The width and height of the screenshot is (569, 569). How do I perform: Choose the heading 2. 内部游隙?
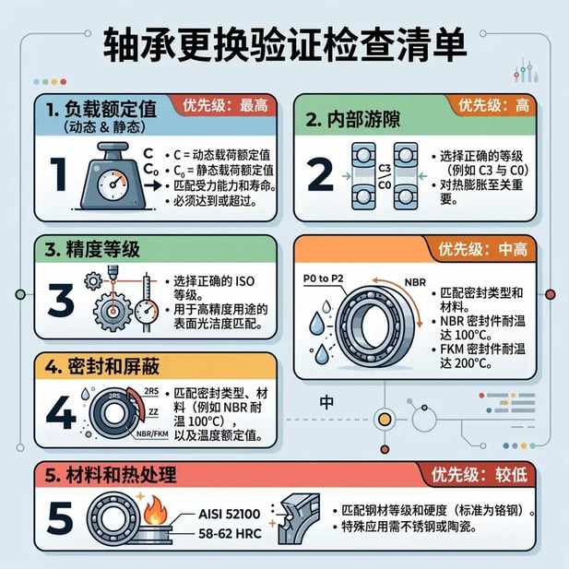click(x=361, y=120)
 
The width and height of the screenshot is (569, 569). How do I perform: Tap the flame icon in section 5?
click(x=154, y=508)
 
